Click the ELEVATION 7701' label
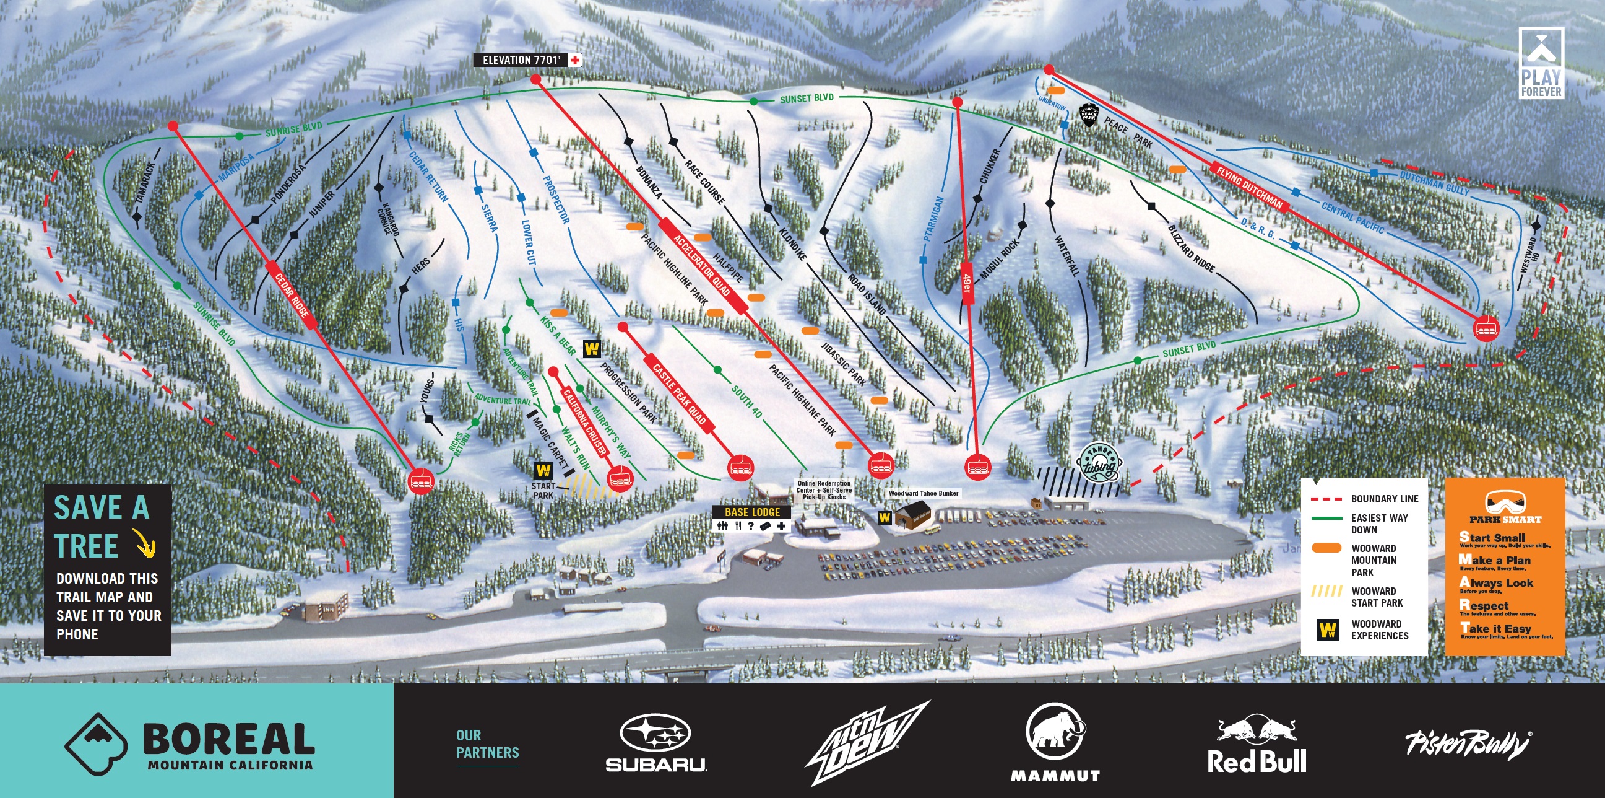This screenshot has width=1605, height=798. point(522,60)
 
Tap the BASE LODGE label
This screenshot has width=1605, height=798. point(752,512)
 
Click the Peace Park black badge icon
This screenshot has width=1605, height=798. point(1089,115)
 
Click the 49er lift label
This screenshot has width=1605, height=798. point(967,283)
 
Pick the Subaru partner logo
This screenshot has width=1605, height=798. point(655,743)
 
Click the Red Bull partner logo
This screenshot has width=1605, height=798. point(1256,745)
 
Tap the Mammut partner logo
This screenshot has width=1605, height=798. point(1055,742)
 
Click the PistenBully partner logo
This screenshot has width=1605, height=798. point(1467,743)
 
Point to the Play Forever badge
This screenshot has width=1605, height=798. point(1541,63)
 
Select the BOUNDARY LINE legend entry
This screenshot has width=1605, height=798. point(1364,499)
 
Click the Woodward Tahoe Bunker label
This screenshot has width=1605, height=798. point(923,493)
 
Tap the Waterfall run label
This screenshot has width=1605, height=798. point(1066,255)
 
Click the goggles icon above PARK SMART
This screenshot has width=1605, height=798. point(1505,501)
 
